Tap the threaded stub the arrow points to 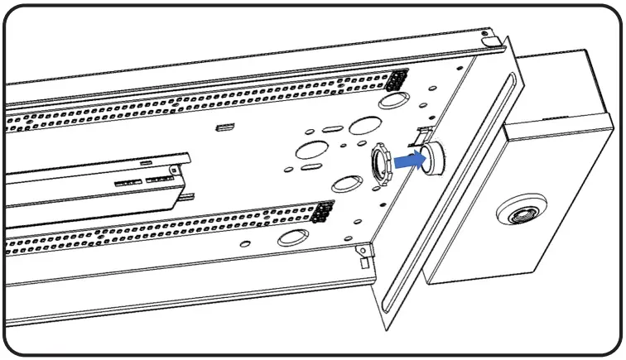[431, 156]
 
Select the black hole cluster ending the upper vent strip [398, 80]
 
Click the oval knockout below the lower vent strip [292, 240]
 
